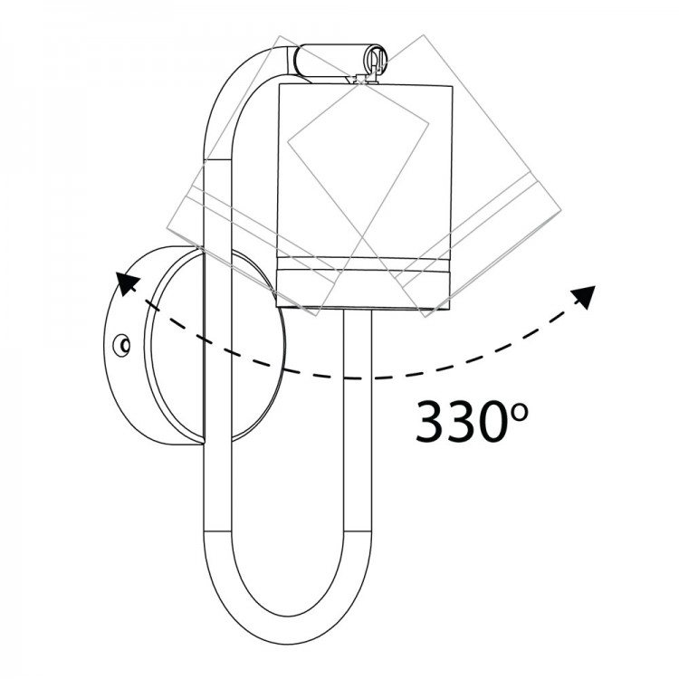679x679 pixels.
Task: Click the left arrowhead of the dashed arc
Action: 128,283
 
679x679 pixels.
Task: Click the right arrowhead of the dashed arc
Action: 584,297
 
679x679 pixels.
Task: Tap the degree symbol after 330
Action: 518,413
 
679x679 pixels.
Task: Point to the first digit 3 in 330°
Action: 432,422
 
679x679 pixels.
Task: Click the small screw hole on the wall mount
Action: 121,346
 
